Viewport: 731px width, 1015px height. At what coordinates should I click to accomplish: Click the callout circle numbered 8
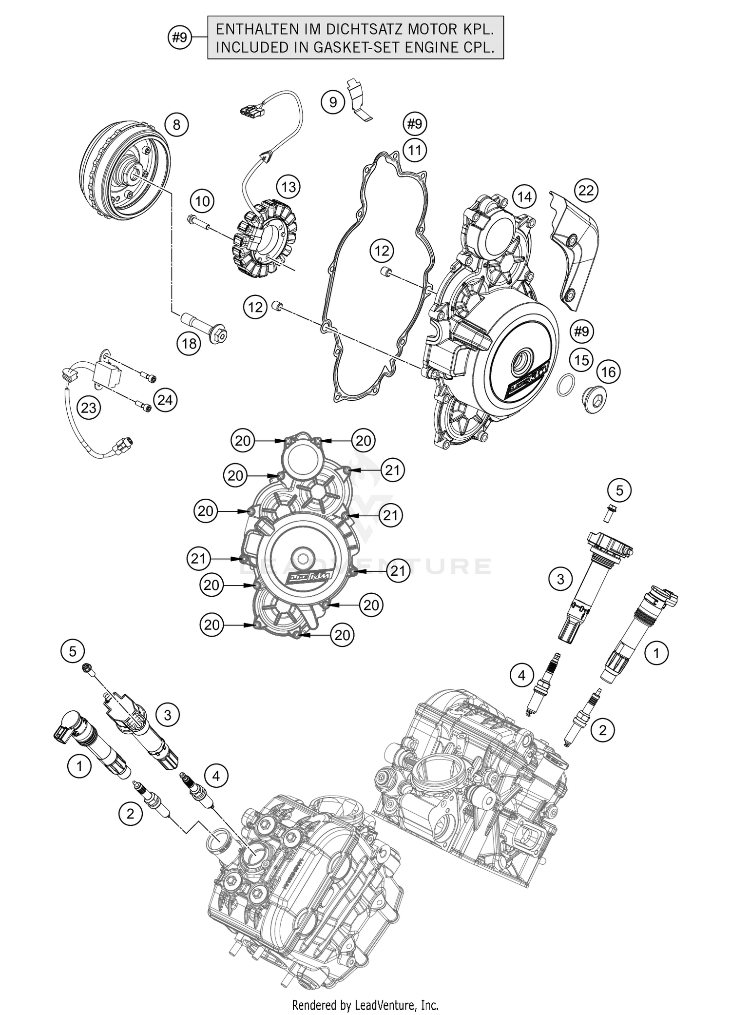(176, 125)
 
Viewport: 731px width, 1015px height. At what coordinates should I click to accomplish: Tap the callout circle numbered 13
(289, 187)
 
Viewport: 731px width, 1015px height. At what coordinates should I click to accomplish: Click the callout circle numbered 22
(586, 190)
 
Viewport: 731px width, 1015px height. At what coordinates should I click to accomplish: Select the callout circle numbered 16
(608, 372)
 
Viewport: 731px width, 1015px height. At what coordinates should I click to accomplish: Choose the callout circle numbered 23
(89, 408)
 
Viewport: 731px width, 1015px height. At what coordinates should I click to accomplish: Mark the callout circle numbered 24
(165, 400)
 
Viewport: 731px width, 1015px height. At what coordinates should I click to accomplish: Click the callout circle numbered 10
(202, 201)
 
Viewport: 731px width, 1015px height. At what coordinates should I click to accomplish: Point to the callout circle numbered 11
(414, 150)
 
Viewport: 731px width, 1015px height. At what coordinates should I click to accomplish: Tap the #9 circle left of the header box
(180, 37)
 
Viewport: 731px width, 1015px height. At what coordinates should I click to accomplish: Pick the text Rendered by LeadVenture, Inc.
(365, 1005)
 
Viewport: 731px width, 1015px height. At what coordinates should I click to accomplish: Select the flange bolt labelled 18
(205, 327)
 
